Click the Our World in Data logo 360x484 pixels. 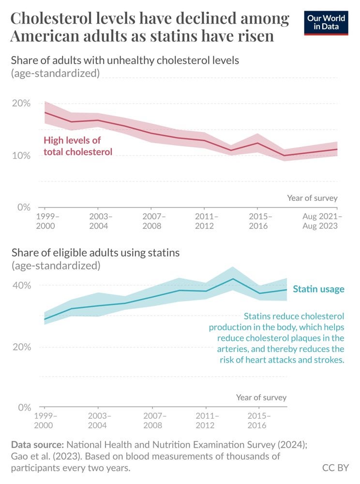click(x=326, y=22)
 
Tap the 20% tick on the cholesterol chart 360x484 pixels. click(x=21, y=104)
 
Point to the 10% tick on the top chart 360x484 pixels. click(x=21, y=155)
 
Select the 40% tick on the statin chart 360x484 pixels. click(x=21, y=285)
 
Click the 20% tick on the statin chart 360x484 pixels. click(x=21, y=347)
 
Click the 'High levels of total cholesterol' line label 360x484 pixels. click(x=77, y=146)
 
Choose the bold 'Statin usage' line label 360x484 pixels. click(x=318, y=289)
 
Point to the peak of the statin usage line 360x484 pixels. click(x=233, y=279)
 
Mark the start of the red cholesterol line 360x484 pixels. click(x=45, y=112)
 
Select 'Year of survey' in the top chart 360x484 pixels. click(x=312, y=198)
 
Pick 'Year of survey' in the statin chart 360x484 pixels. click(x=261, y=397)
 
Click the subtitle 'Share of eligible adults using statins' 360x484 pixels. click(x=95, y=253)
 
